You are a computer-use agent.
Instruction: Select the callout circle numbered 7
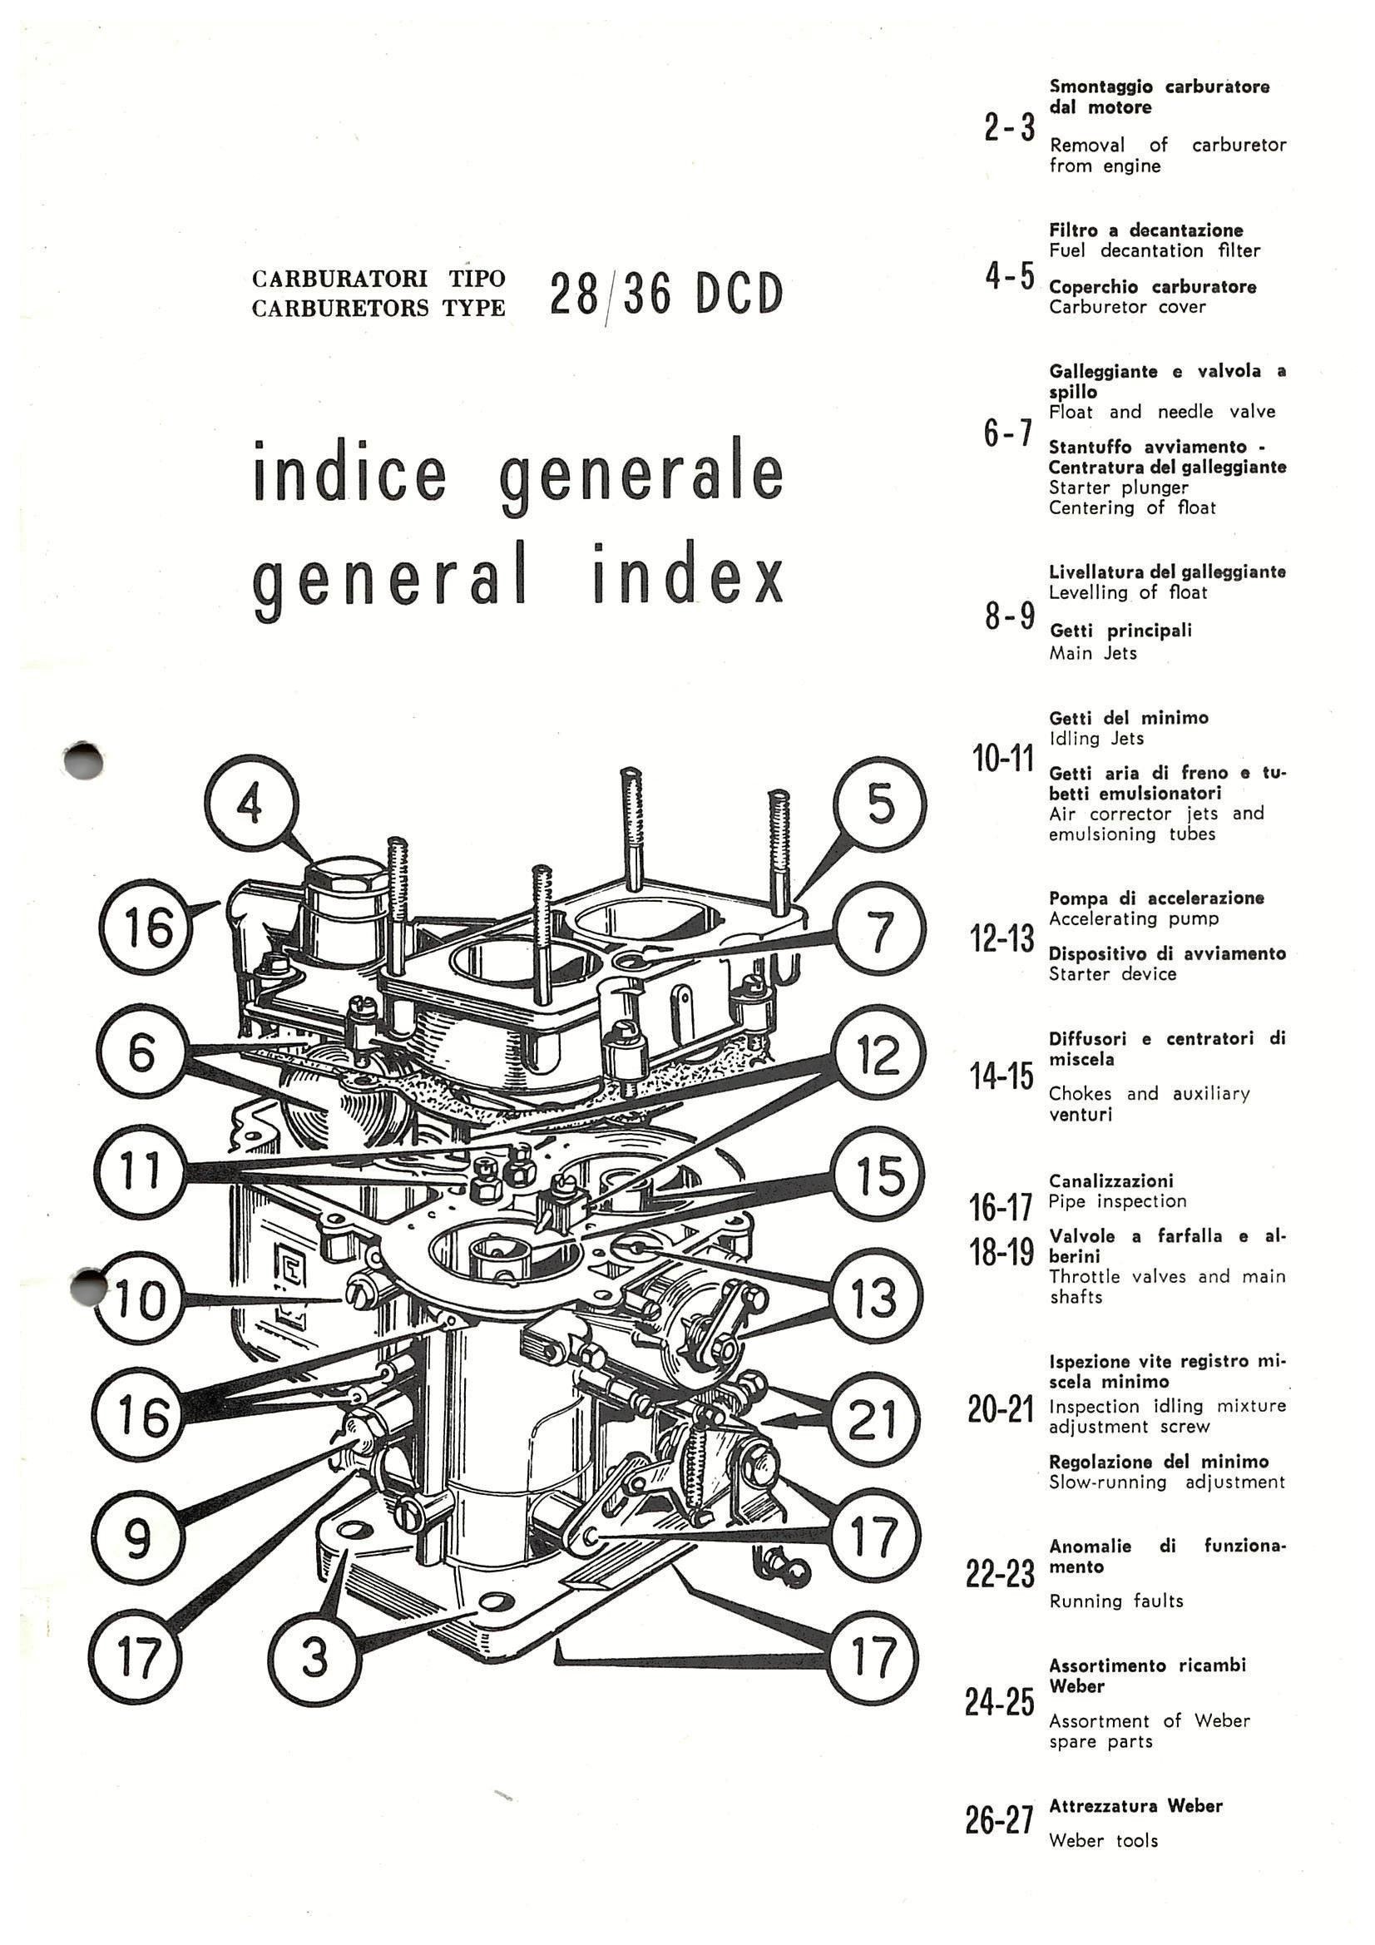879,933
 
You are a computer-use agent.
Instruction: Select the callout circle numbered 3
314,1659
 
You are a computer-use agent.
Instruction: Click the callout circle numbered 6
141,1055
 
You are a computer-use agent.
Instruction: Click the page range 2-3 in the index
1009,128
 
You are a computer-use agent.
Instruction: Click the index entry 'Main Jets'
1092,653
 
